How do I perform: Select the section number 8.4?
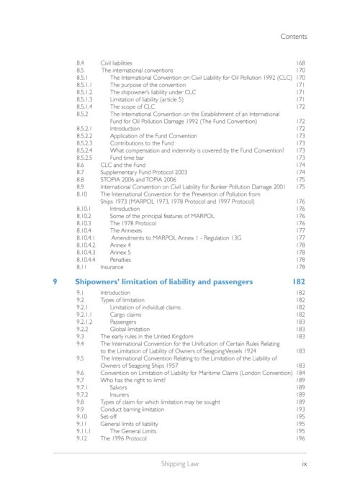[81, 63]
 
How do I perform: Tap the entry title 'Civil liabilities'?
[116, 63]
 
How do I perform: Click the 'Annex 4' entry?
[120, 245]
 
